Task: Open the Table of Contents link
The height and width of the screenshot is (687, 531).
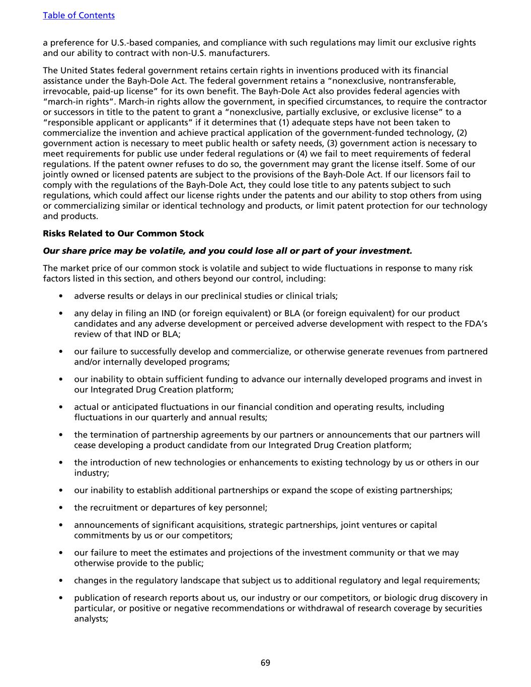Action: [79, 16]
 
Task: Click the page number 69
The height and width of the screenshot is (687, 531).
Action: [265, 663]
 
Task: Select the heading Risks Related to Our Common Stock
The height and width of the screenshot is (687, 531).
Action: [123, 234]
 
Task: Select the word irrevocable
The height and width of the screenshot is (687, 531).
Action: [65, 91]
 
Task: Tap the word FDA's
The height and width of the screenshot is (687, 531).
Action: [475, 324]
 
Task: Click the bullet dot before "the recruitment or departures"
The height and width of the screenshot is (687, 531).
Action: [61, 508]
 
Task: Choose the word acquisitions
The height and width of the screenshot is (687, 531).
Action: [215, 525]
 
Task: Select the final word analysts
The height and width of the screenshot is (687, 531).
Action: [91, 619]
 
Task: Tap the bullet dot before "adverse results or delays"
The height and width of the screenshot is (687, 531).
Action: [61, 296]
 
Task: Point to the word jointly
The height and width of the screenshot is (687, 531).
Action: [56, 175]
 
